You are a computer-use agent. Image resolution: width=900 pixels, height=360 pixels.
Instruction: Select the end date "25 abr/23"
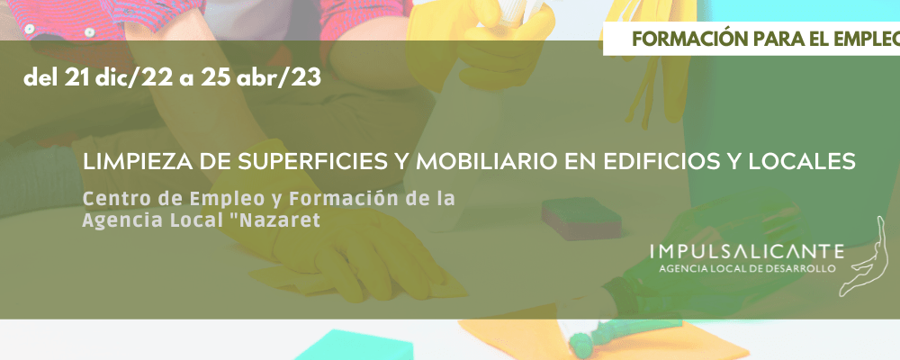tap(261, 78)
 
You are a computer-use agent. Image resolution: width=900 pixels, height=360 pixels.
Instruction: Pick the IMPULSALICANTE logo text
tap(747, 251)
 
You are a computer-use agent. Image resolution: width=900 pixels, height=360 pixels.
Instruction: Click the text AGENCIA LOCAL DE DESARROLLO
tap(747, 269)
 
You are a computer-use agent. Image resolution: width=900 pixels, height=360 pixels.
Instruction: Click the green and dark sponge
tap(580, 218)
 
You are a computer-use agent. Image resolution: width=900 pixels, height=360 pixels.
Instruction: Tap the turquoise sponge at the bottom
tap(354, 346)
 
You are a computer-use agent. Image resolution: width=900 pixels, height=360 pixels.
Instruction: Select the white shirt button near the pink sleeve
tap(89, 32)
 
